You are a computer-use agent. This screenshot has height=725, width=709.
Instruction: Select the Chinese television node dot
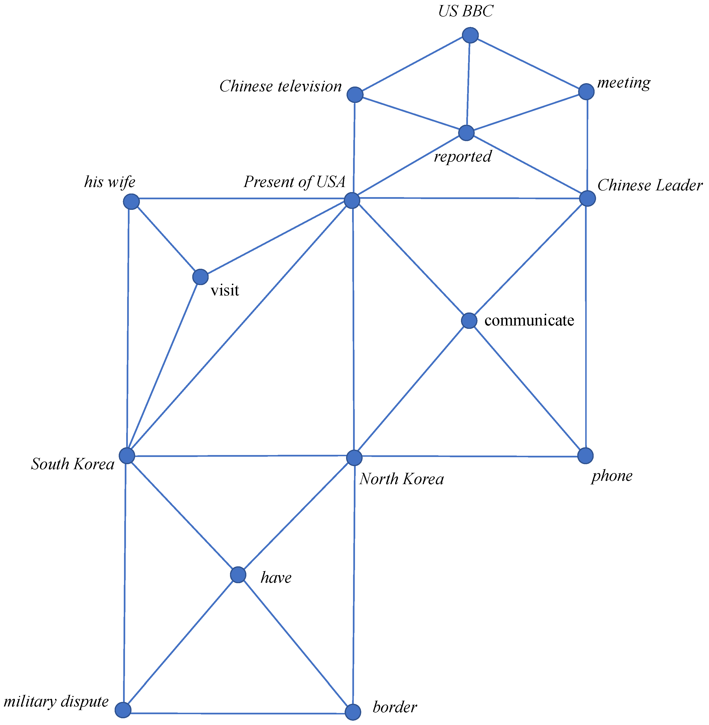tap(355, 94)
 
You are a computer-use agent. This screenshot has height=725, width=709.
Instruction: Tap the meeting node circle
tap(586, 92)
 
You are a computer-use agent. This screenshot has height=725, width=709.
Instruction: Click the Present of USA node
tap(352, 200)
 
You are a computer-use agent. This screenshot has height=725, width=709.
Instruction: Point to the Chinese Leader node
tap(587, 199)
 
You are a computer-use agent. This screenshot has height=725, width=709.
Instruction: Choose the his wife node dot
tap(131, 202)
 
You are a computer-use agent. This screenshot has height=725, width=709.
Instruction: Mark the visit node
tap(200, 277)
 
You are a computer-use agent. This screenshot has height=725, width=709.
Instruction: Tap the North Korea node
tap(354, 458)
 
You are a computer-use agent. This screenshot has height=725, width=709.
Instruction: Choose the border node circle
tap(353, 712)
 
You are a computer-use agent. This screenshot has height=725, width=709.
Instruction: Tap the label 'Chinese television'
tap(280, 86)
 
